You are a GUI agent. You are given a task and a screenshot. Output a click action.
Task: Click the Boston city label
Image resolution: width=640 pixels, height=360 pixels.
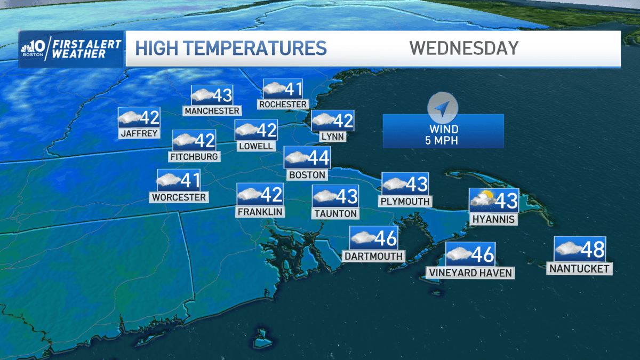pos(307,174)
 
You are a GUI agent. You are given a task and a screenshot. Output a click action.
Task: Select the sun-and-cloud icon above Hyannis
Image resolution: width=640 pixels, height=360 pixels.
pos(482,200)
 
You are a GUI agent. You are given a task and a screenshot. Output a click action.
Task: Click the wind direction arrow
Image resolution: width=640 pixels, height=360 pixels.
pos(442,108)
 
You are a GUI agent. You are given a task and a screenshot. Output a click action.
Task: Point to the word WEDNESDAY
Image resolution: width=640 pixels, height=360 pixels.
pos(464,48)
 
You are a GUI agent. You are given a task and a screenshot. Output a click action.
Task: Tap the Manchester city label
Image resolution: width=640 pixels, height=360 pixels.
pos(212,110)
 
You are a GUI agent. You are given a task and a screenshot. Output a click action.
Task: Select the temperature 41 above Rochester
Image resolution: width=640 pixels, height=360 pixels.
pos(293,89)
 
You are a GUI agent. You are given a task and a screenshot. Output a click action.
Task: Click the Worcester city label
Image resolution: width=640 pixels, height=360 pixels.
pos(179,197)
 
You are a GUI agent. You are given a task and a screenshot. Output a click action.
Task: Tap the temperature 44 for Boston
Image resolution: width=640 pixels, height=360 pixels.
pos(318,158)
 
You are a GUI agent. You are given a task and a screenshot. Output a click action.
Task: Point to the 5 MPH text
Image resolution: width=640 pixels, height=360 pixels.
pos(443,141)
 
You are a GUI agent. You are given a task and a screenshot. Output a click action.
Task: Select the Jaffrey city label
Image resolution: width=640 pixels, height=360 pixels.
pos(140,133)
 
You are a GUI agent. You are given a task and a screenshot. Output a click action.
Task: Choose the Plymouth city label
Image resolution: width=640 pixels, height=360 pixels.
pos(405,201)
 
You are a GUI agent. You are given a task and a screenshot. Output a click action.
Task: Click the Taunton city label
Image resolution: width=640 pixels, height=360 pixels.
pos(335,213)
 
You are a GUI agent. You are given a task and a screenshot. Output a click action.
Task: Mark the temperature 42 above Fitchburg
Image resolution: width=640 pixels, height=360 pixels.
pos(205,141)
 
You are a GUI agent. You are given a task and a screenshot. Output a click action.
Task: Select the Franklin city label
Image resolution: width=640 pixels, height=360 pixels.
pos(260,211)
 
